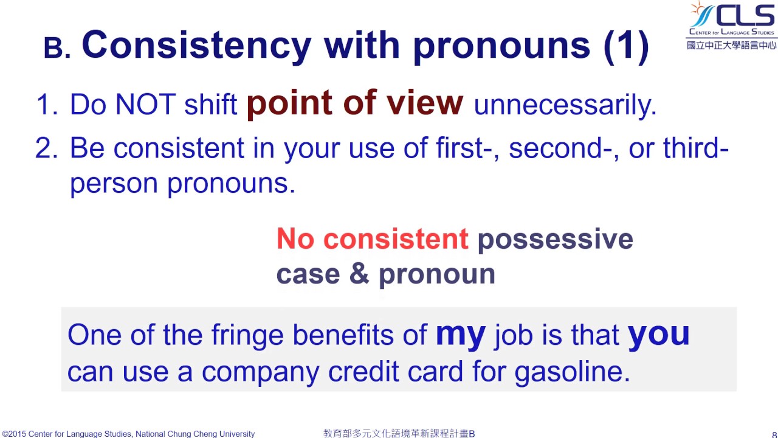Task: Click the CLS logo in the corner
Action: tap(731, 25)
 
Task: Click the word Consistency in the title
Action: tap(196, 45)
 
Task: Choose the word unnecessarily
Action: tap(565, 105)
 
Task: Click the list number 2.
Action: tap(46, 148)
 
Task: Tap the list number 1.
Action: tap(46, 105)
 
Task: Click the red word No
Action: tap(295, 239)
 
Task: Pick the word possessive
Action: tap(555, 240)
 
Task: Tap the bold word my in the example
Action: tap(460, 335)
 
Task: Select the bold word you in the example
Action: tap(658, 335)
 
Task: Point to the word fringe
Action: tap(247, 335)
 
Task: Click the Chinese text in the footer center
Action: tap(399, 434)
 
